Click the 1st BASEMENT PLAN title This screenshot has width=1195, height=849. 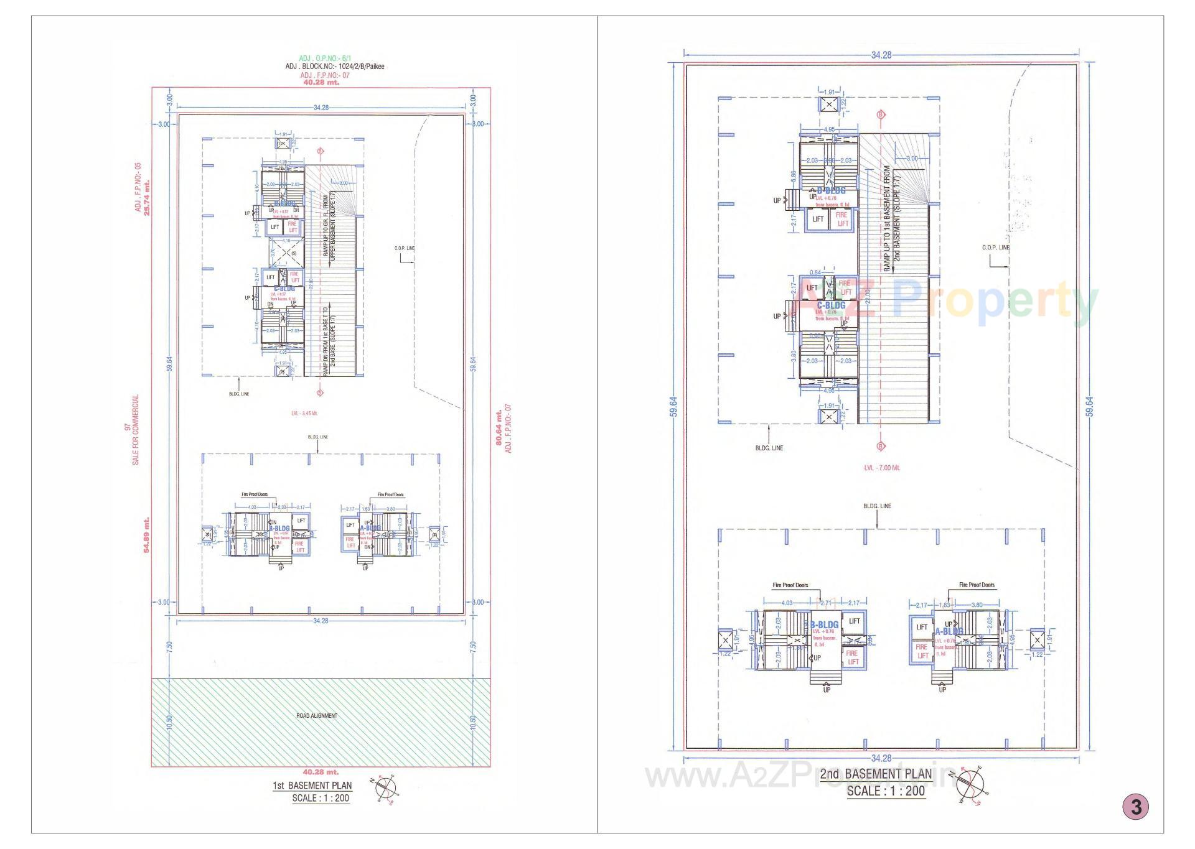[312, 786]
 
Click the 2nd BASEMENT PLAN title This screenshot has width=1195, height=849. [876, 774]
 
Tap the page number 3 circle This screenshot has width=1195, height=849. [1136, 807]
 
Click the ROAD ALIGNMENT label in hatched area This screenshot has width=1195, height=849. [317, 716]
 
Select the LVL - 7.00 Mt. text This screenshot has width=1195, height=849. [881, 468]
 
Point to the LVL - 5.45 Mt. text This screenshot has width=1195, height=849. [304, 413]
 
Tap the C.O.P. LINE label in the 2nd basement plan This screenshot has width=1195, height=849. [995, 248]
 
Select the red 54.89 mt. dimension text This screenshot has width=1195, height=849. [147, 535]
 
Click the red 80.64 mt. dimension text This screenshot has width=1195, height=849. [499, 427]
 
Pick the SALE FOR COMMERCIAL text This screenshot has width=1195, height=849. [136, 429]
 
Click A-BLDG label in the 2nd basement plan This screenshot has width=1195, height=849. [949, 631]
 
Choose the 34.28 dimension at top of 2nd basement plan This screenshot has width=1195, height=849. [881, 55]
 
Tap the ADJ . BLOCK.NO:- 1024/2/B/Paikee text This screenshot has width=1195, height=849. [334, 67]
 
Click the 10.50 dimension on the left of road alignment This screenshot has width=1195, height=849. [169, 723]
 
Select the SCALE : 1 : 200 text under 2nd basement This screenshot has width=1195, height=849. [886, 791]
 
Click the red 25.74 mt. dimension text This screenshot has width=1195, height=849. [147, 198]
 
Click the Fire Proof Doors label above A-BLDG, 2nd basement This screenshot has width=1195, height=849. [977, 585]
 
